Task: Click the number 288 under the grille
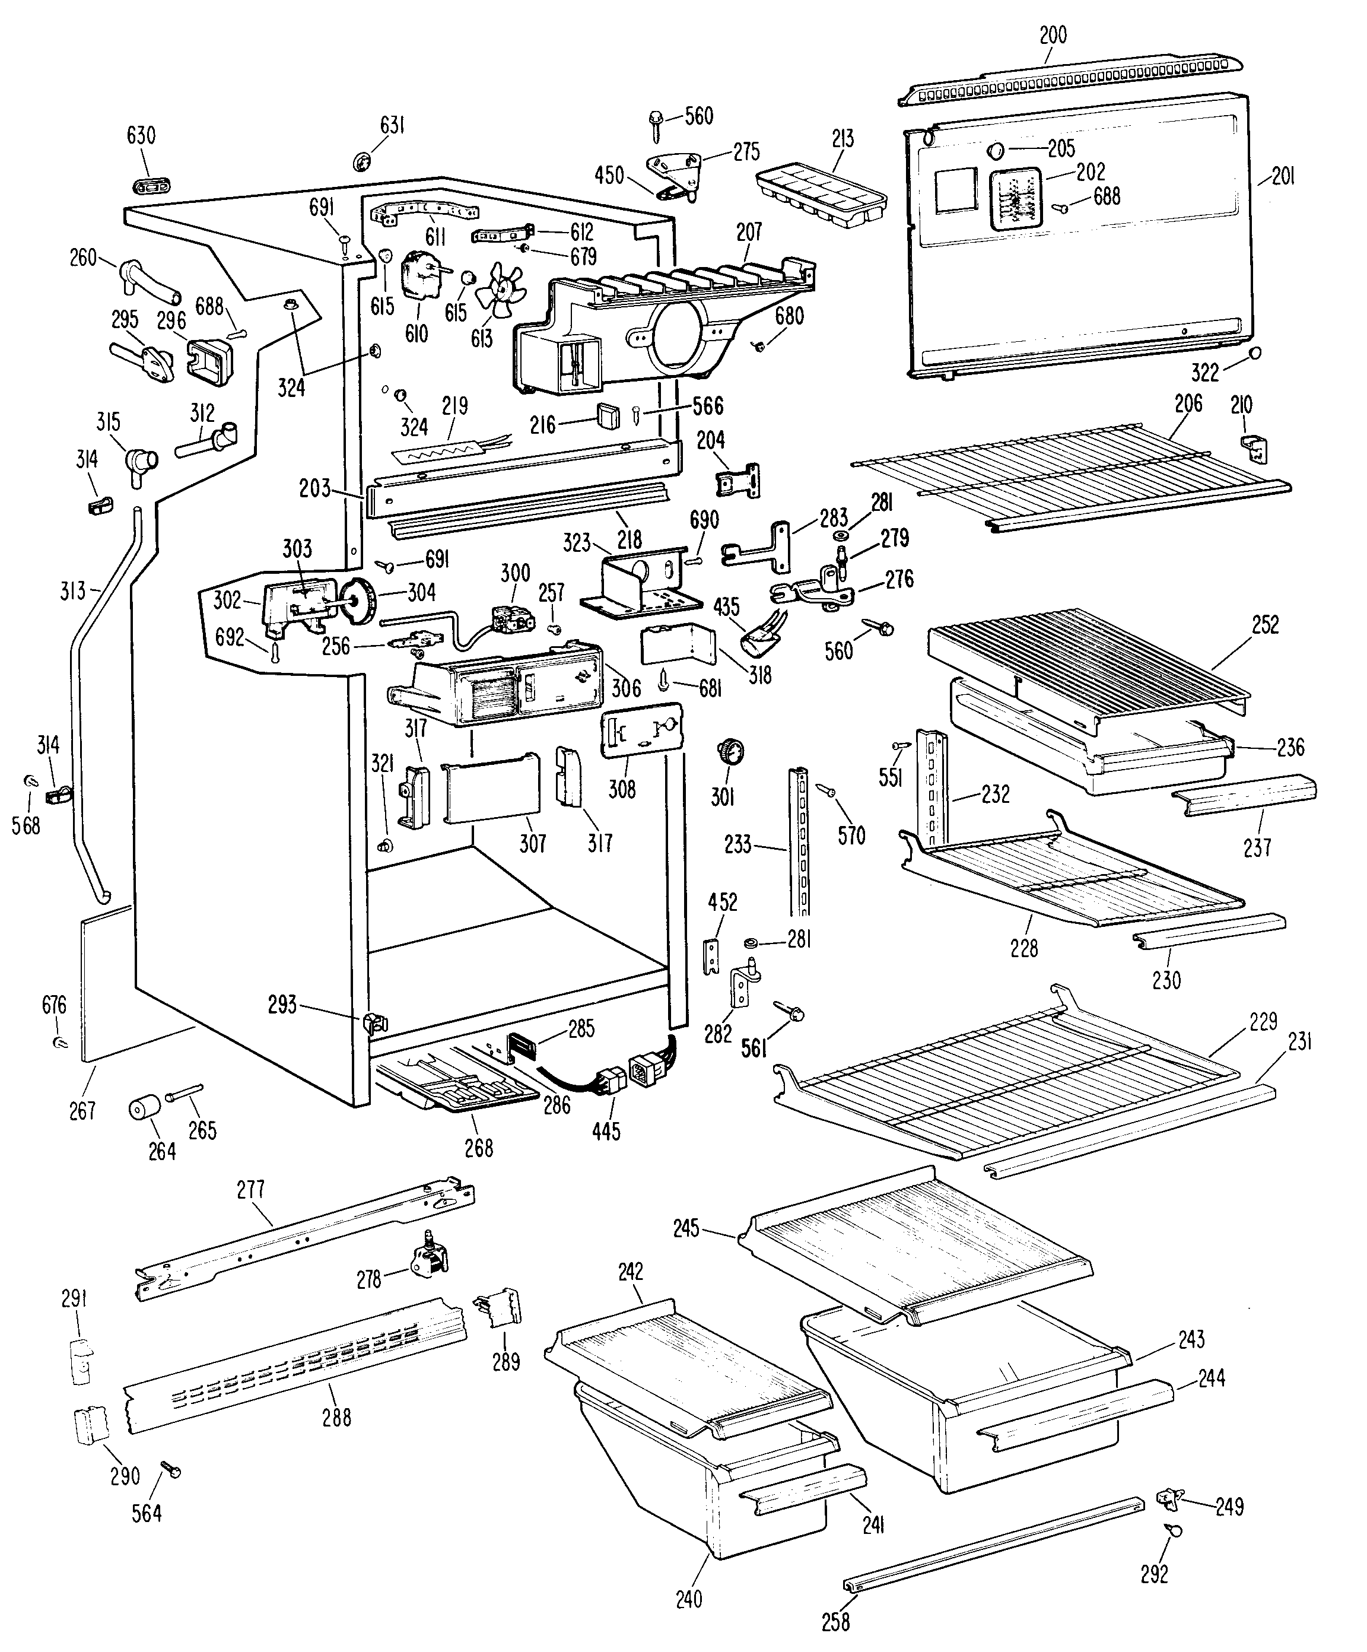tap(336, 1417)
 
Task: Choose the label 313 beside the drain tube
tap(72, 590)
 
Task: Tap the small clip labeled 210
tap(1256, 450)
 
